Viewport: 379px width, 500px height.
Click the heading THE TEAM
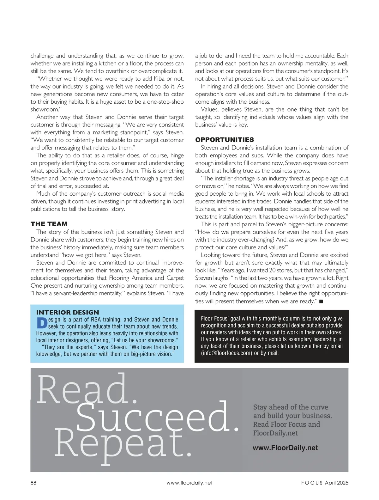tap(49, 224)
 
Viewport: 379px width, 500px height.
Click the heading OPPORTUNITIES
tap(225, 140)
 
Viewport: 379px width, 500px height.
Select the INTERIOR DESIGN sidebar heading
tap(68, 313)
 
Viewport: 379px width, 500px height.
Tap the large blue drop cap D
tap(42, 323)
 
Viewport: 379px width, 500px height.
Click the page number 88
tap(33, 483)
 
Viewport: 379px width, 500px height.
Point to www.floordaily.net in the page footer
tap(189, 483)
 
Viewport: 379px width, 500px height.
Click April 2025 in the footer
tap(336, 483)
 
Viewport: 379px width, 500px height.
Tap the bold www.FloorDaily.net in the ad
tap(285, 448)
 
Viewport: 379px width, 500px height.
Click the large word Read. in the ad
tap(87, 389)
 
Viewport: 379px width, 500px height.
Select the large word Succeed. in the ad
tap(157, 417)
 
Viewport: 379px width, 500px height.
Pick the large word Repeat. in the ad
tap(123, 443)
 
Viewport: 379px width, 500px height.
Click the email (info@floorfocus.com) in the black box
tap(226, 353)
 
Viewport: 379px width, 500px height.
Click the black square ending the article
tap(321, 302)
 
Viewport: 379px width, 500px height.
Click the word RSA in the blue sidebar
tap(96, 320)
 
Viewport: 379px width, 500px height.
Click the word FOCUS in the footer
tap(312, 483)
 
